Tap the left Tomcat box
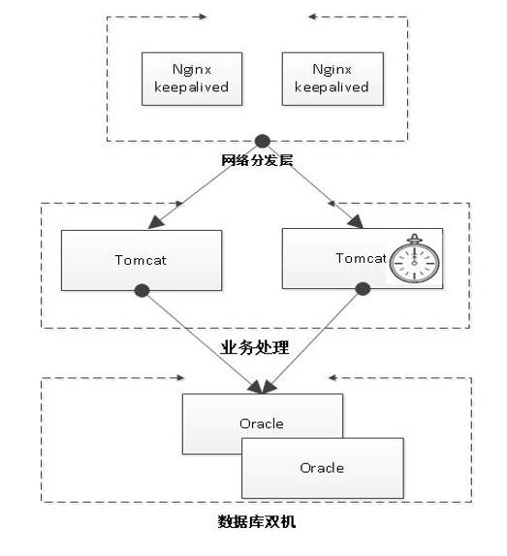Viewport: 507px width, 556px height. pyautogui.click(x=135, y=259)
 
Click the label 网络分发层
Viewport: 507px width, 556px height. pyautogui.click(x=257, y=159)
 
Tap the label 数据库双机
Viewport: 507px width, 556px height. pyautogui.click(x=257, y=521)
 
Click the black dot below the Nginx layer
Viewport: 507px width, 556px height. pyautogui.click(x=260, y=140)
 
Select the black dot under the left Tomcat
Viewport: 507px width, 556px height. pyautogui.click(x=142, y=289)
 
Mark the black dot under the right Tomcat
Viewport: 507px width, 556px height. pyautogui.click(x=364, y=288)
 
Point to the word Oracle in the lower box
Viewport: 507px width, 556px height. pyautogui.click(x=321, y=468)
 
